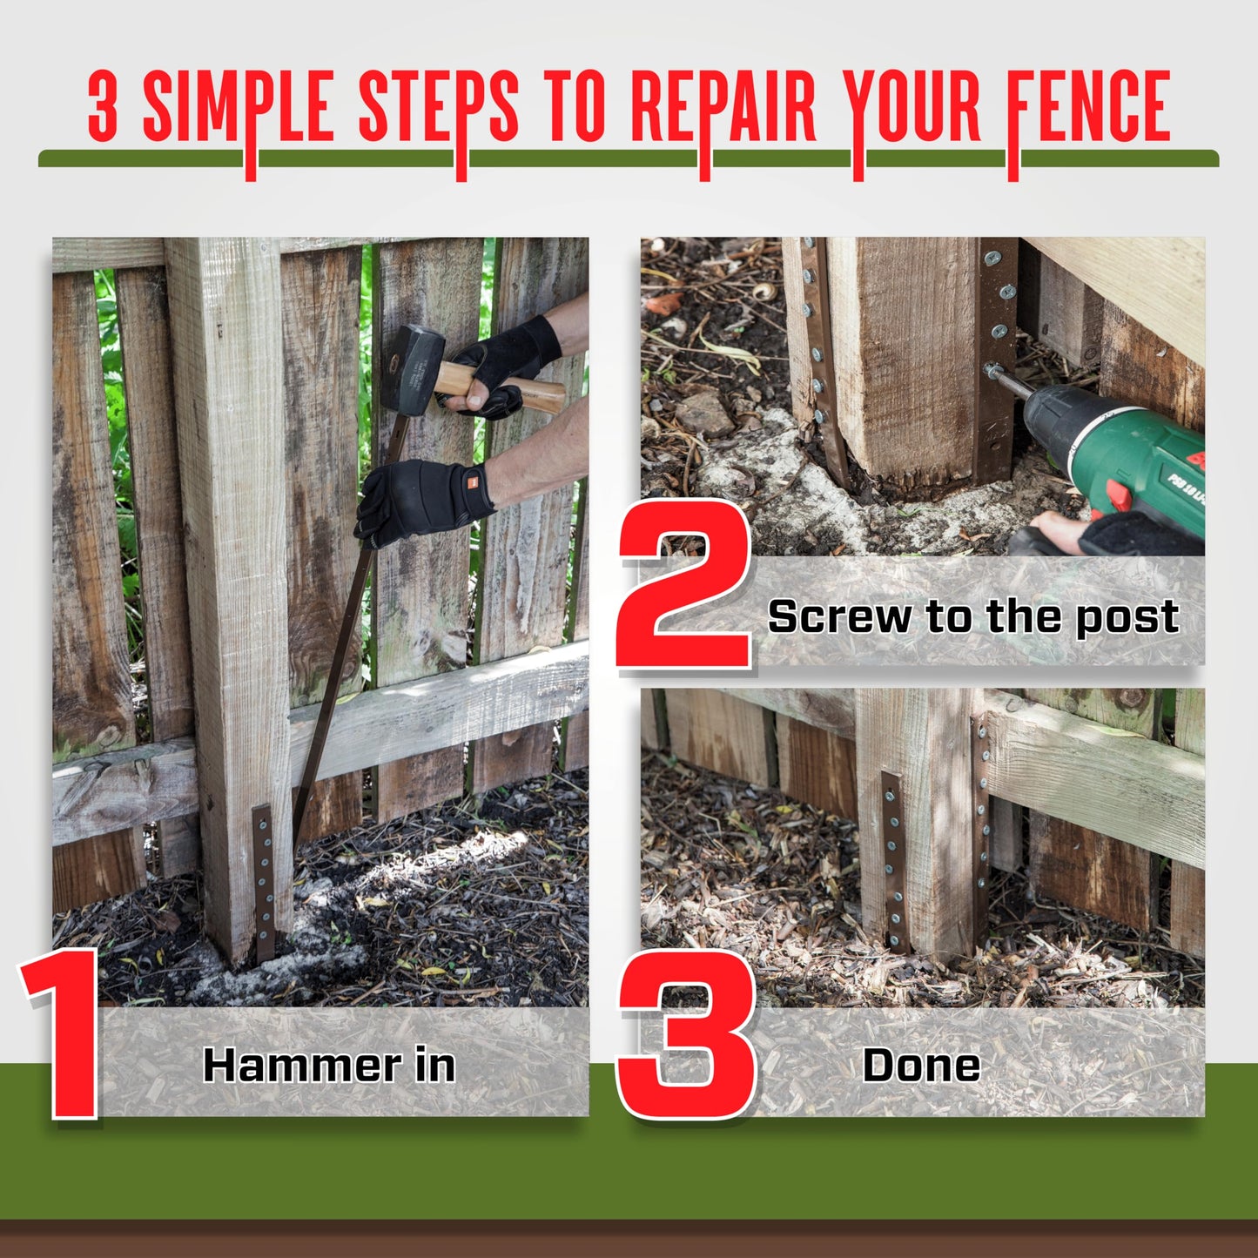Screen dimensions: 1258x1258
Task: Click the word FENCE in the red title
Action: click(1088, 109)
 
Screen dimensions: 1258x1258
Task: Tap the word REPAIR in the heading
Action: click(723, 109)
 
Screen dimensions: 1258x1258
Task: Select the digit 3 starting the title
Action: click(103, 109)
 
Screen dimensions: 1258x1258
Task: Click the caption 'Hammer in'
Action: click(329, 1065)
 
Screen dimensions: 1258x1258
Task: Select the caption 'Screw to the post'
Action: click(972, 616)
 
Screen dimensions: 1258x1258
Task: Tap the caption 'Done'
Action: click(921, 1065)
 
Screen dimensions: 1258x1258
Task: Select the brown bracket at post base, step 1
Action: click(264, 879)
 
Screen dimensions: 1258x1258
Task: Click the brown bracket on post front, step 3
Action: click(893, 858)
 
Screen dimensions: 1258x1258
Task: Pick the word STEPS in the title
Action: click(438, 109)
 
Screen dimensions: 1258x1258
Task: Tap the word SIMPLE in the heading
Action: click(238, 109)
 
